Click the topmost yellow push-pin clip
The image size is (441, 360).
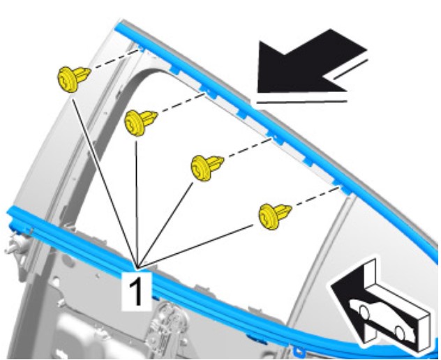tap(73, 79)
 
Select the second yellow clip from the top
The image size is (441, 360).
tap(140, 123)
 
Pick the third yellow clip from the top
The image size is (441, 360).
tap(207, 167)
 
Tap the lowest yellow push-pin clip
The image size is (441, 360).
tap(275, 216)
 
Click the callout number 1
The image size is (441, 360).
tap(136, 291)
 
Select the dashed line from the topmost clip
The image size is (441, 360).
tap(115, 59)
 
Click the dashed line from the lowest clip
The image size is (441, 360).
tap(316, 198)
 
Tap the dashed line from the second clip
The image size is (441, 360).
tap(181, 103)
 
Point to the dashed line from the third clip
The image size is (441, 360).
tap(248, 148)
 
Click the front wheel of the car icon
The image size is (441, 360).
tap(364, 313)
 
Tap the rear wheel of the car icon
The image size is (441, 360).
tap(401, 333)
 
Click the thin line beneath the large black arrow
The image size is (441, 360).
tap(301, 102)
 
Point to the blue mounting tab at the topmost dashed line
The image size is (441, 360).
tap(141, 50)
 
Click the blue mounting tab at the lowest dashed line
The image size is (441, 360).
tap(344, 190)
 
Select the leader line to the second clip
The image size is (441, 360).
tap(137, 204)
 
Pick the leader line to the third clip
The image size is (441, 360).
tap(165, 225)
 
